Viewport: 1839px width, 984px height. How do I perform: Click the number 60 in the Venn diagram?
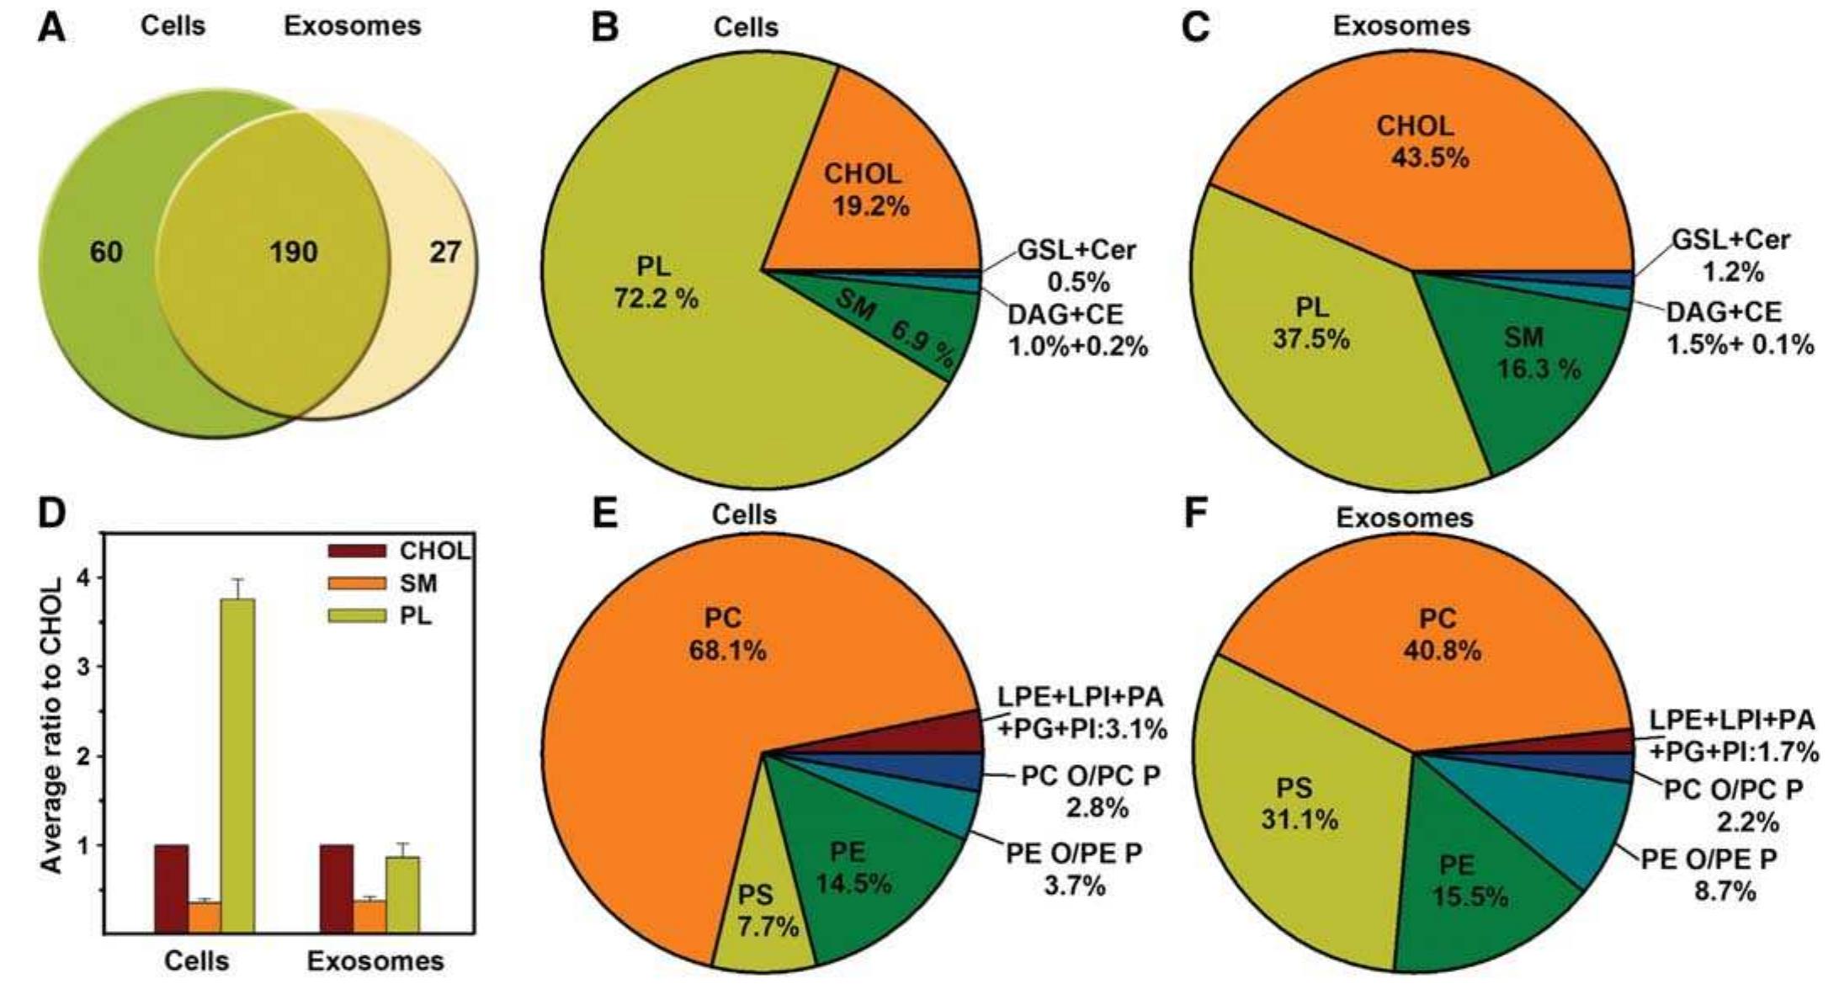(x=106, y=252)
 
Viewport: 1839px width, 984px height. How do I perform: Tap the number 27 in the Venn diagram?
(x=444, y=252)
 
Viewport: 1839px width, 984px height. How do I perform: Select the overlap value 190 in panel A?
(x=293, y=252)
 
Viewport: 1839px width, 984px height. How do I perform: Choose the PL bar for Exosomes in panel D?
(x=402, y=892)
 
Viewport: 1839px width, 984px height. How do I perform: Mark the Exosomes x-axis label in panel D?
(x=375, y=960)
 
